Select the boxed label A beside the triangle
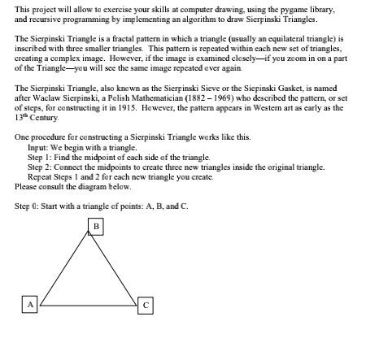29,304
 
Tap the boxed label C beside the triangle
145,305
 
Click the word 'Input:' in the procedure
38,148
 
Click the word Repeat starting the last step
40,176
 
